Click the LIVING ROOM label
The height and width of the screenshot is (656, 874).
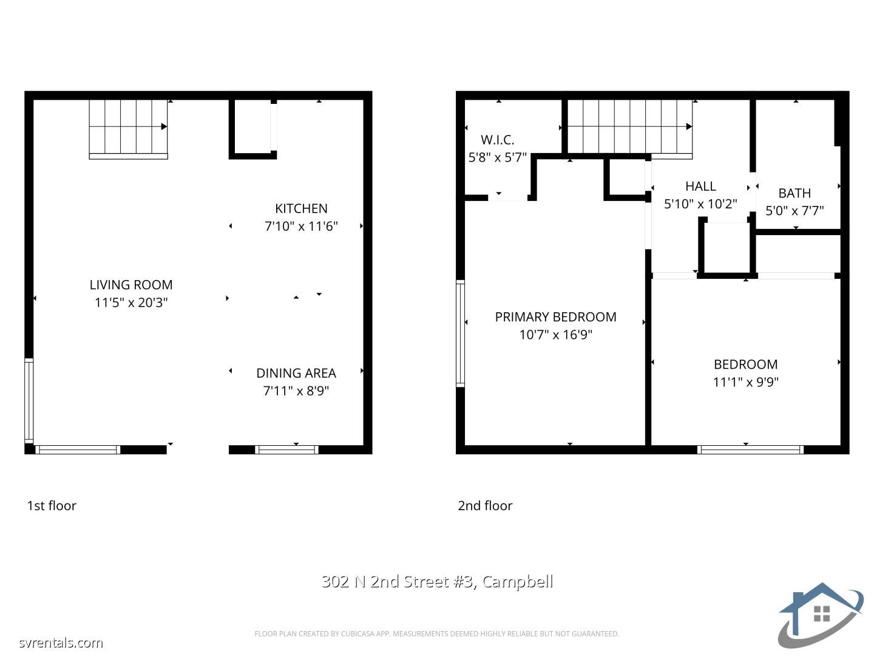(131, 285)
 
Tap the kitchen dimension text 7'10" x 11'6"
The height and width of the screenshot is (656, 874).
(301, 227)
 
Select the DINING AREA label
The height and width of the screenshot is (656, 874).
(296, 373)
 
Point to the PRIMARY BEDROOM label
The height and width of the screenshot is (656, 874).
(555, 317)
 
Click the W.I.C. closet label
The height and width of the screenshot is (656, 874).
(498, 140)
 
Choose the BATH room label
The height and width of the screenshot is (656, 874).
(794, 193)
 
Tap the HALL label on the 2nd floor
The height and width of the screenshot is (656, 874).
(700, 186)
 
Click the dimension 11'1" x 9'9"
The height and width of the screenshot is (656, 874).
(745, 382)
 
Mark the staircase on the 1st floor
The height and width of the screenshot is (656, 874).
(128, 127)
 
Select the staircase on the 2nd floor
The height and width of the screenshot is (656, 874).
(629, 127)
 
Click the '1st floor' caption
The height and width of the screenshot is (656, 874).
(52, 505)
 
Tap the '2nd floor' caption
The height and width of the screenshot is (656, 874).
(485, 505)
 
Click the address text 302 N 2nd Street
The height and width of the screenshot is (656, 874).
(437, 581)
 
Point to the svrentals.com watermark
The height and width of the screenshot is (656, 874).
(61, 643)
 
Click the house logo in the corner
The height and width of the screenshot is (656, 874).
(820, 615)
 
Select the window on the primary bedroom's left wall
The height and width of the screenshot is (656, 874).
(460, 333)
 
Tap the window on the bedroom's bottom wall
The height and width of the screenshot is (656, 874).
(750, 449)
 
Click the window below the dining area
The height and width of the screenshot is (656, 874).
(286, 449)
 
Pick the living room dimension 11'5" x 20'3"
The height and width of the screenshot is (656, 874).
(131, 302)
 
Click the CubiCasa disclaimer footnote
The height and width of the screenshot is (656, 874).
(436, 634)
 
